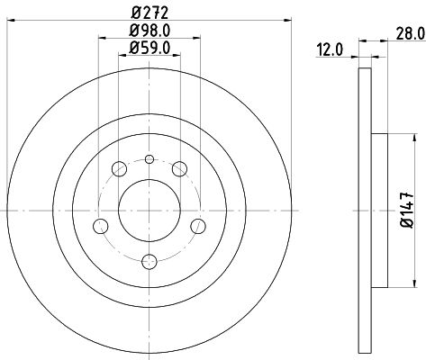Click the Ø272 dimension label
tap(150, 13)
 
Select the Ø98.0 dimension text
tap(150, 31)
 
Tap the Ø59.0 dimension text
tap(150, 48)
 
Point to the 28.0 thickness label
tap(411, 33)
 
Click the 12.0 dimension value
tap(329, 49)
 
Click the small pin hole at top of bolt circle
tap(150, 159)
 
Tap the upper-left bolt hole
tap(119, 169)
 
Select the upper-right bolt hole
tap(179, 169)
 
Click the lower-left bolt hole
tap(101, 226)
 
